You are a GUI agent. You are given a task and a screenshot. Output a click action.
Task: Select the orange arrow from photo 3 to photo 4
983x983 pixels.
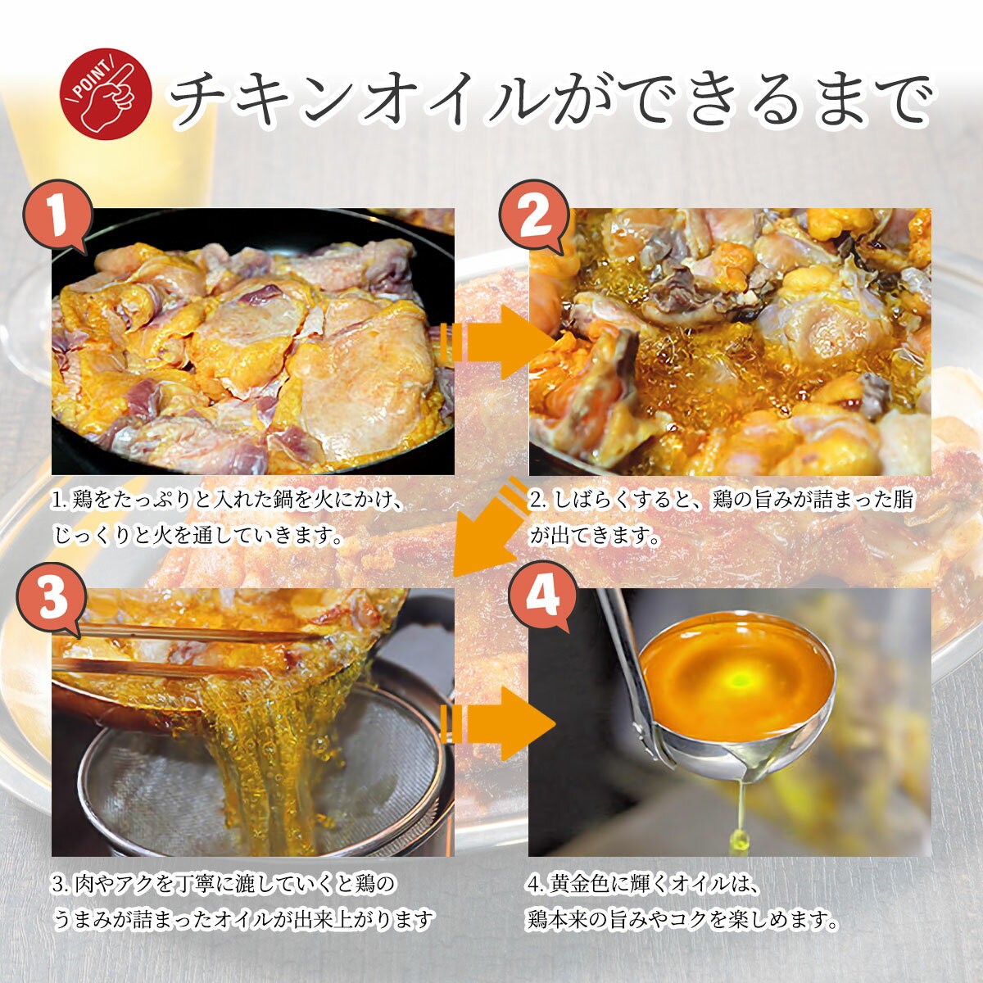[x=497, y=724]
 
